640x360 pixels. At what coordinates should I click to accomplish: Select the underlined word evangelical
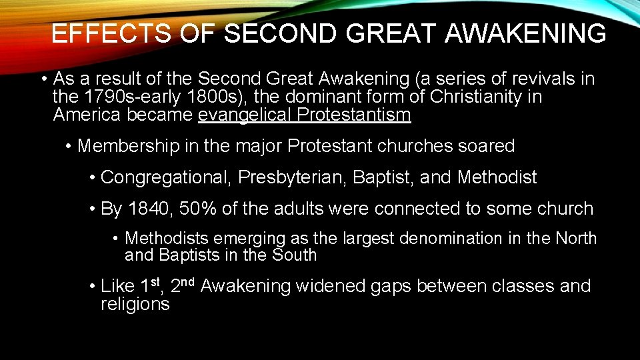click(245, 115)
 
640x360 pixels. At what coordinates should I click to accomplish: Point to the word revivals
click(541, 79)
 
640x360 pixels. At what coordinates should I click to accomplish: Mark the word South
click(294, 255)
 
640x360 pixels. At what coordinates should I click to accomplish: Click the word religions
click(135, 305)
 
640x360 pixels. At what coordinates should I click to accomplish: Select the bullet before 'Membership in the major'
click(69, 147)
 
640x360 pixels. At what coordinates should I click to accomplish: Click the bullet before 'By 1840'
click(92, 209)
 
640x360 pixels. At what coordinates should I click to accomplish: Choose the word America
click(87, 115)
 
